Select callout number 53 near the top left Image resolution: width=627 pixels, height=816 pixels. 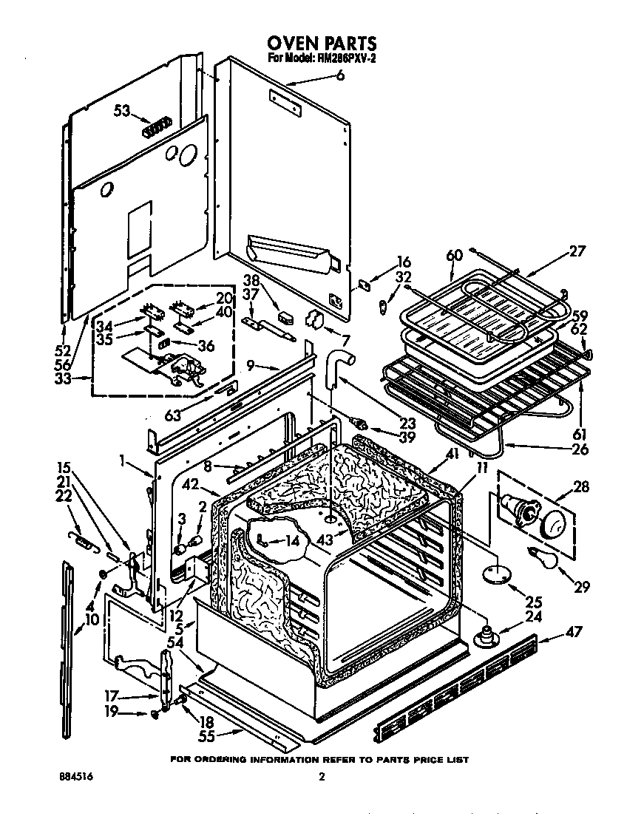click(122, 111)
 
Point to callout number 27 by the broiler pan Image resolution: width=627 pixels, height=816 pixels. click(577, 251)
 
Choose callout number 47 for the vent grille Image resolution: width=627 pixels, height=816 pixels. click(573, 632)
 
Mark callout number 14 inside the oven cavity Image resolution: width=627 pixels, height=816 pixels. click(294, 541)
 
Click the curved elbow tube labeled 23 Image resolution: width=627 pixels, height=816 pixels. click(340, 366)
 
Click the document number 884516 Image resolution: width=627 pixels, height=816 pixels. click(76, 778)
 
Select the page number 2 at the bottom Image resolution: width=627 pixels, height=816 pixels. click(321, 777)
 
